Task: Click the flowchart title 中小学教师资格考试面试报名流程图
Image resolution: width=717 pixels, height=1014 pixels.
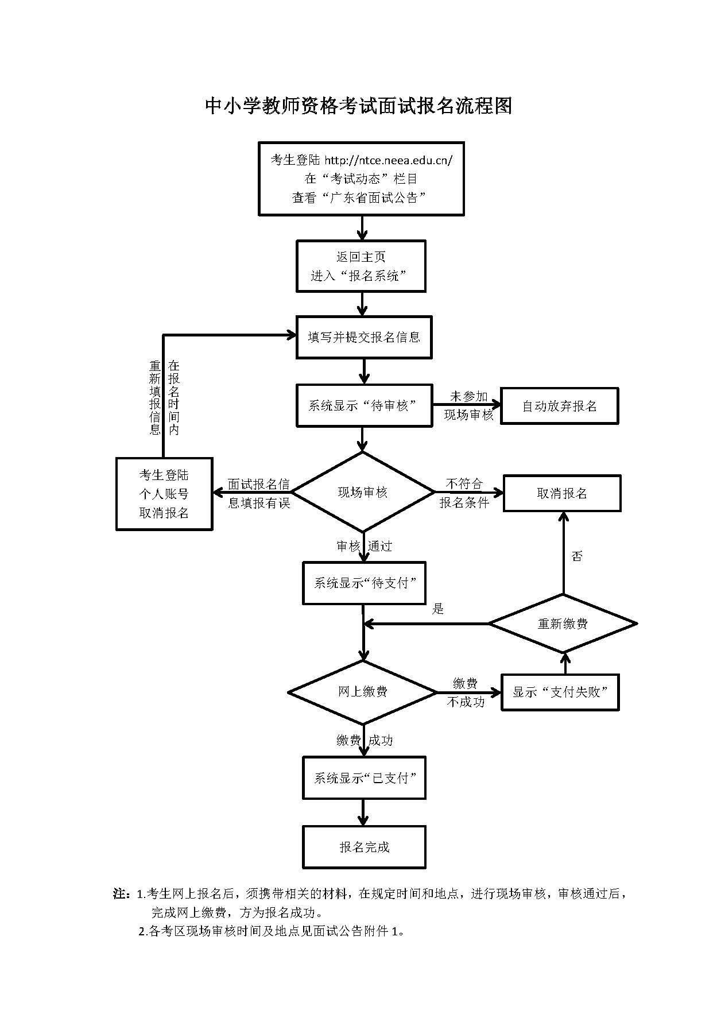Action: (x=358, y=106)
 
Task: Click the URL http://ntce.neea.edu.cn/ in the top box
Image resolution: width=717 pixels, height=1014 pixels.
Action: (x=389, y=160)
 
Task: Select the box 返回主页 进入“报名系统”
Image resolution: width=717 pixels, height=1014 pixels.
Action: (x=361, y=266)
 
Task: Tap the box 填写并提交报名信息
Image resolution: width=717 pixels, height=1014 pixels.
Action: (x=364, y=337)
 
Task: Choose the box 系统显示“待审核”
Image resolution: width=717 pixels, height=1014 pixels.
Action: (x=364, y=405)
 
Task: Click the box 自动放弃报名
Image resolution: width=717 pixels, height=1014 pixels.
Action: (x=559, y=406)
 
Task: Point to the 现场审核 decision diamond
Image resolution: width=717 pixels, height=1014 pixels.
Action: (x=363, y=492)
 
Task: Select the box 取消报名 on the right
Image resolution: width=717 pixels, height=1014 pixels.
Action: (x=562, y=493)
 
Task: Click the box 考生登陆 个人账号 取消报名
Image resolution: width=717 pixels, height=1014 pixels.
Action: (x=164, y=494)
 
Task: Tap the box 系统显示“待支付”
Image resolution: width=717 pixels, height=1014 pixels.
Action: (x=364, y=583)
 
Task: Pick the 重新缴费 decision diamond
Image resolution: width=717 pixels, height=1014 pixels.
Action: (x=563, y=624)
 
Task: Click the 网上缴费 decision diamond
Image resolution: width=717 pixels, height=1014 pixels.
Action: (x=363, y=692)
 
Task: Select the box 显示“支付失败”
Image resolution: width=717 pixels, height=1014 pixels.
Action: (x=560, y=692)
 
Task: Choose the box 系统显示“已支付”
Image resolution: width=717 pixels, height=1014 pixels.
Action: (x=364, y=778)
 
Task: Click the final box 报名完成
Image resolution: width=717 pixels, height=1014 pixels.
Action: (x=364, y=847)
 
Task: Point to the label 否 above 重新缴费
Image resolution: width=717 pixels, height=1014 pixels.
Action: (x=577, y=556)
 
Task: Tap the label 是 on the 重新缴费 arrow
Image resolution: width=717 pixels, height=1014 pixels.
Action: (x=438, y=609)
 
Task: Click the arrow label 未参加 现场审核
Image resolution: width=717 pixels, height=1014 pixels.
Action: (x=468, y=405)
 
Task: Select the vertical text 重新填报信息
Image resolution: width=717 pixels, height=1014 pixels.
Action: (x=155, y=397)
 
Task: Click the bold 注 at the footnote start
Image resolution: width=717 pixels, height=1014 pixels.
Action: (x=119, y=894)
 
